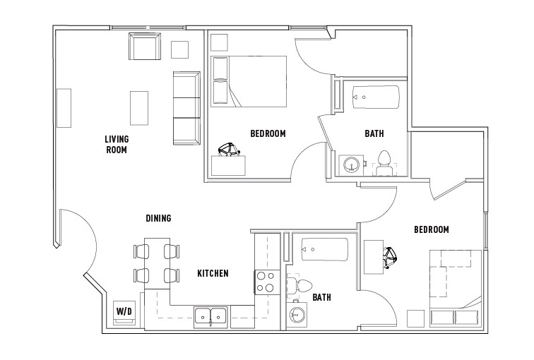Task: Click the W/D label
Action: (x=124, y=311)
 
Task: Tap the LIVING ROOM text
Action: (x=117, y=144)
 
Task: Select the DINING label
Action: (x=158, y=219)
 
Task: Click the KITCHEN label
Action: (x=212, y=274)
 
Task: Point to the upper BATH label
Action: (x=374, y=133)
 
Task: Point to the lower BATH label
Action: (x=322, y=298)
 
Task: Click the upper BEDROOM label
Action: (x=268, y=133)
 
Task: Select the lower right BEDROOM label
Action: (x=431, y=230)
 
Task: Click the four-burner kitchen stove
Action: (x=265, y=282)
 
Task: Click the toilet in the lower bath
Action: (x=299, y=285)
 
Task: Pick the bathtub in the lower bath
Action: (x=324, y=249)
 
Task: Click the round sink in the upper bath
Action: (x=350, y=165)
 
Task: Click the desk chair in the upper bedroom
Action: (x=227, y=150)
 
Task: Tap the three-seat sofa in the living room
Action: (x=187, y=107)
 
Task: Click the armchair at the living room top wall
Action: (x=144, y=47)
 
